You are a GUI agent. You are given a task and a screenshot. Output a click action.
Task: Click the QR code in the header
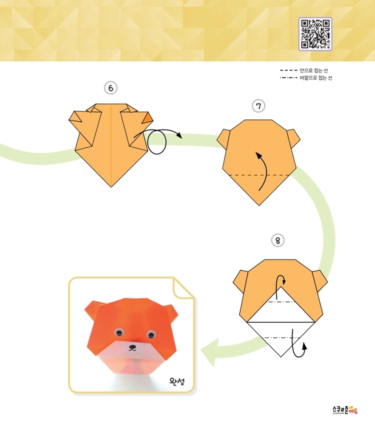click(x=315, y=34)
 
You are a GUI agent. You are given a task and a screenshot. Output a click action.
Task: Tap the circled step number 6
click(x=110, y=88)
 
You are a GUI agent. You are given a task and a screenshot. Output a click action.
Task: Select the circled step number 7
click(x=258, y=106)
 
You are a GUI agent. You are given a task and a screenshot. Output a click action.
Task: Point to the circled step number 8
click(x=277, y=240)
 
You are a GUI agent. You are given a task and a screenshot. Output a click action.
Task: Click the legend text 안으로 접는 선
click(x=313, y=70)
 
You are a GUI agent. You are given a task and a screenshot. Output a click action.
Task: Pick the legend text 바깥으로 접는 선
click(x=316, y=78)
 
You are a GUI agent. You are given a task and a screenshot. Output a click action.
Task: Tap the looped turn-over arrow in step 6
click(x=157, y=140)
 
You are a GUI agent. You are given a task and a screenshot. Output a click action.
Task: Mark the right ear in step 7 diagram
click(x=293, y=137)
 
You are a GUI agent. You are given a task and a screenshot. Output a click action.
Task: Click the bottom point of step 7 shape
click(x=259, y=205)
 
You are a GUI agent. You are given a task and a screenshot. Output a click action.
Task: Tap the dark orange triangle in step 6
click(x=148, y=118)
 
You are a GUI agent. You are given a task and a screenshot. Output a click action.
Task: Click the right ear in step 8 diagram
click(x=320, y=281)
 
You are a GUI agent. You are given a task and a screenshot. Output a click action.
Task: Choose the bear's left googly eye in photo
click(x=118, y=331)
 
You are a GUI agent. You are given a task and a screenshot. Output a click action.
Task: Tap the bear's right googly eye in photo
click(x=150, y=334)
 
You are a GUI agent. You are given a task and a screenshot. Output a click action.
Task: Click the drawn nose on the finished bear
click(x=132, y=347)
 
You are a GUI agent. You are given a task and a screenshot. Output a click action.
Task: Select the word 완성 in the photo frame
click(x=177, y=381)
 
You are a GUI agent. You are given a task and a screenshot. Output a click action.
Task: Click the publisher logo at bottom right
click(x=345, y=409)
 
